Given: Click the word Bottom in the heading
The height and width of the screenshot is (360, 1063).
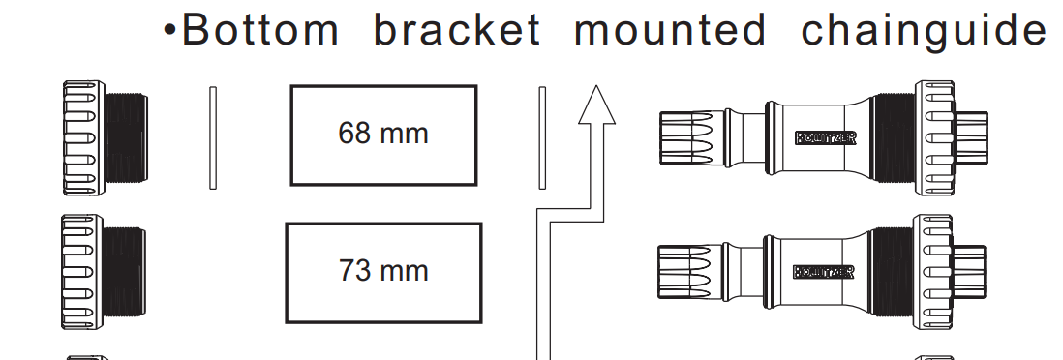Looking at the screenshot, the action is (x=260, y=30).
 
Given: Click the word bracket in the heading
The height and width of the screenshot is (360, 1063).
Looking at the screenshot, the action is (x=457, y=30).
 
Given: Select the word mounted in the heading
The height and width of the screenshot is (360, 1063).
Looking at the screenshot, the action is (x=670, y=30).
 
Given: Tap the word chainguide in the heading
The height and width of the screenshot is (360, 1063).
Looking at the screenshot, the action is (x=924, y=32).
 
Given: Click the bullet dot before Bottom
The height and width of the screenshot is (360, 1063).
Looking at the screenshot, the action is (x=169, y=31).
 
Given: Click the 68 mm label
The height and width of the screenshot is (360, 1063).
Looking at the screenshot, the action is (x=383, y=133).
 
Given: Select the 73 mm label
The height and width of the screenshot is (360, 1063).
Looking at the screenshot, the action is (x=383, y=271).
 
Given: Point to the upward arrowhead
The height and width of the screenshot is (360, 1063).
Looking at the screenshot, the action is (x=596, y=105).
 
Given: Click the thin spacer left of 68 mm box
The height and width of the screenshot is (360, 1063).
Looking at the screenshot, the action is (x=213, y=137).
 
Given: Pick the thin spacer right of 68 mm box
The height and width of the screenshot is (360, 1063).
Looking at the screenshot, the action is (x=542, y=137).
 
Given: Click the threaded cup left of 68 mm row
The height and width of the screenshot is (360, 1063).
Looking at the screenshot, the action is (x=106, y=138).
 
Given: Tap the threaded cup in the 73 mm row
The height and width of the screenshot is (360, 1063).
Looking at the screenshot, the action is (x=104, y=272).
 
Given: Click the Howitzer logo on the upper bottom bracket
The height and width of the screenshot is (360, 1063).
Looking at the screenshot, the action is (x=825, y=138).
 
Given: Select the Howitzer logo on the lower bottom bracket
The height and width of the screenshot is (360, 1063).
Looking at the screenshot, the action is (x=823, y=272).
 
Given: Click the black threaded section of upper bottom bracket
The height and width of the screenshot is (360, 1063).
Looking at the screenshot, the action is (x=895, y=138).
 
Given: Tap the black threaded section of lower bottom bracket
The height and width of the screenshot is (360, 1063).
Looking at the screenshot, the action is (x=893, y=272).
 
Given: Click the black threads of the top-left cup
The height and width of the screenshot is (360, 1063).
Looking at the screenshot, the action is (x=127, y=138).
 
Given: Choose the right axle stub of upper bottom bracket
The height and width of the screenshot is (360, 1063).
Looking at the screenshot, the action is (x=971, y=138).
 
